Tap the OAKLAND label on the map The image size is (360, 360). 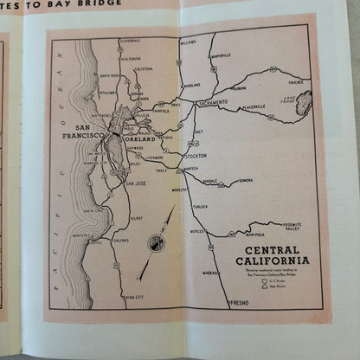coord(139,138)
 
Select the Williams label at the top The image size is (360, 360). coord(188,42)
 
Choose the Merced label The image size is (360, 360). coord(197,231)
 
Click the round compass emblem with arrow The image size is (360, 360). coord(155,243)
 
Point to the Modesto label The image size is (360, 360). coord(179,189)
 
